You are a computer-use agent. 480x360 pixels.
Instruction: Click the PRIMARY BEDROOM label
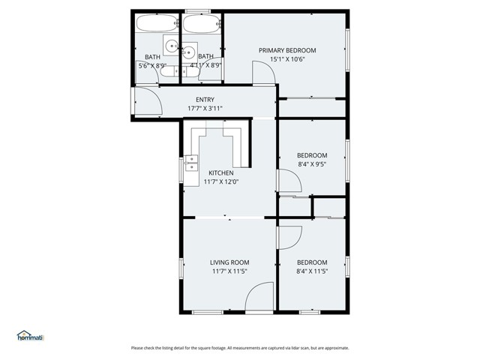tap(287, 50)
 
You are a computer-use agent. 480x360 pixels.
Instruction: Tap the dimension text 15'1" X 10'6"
tap(287, 59)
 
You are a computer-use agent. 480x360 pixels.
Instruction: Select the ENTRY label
tap(205, 100)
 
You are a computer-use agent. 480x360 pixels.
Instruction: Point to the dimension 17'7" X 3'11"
tap(205, 109)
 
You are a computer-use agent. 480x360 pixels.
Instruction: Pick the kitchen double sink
tap(191, 163)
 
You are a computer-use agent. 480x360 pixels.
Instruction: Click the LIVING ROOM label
tap(229, 262)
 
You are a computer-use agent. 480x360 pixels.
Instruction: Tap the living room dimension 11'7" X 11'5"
tap(229, 271)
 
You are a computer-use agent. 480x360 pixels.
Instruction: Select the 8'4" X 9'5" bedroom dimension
tap(312, 164)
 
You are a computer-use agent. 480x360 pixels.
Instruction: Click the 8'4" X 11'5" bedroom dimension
tap(312, 271)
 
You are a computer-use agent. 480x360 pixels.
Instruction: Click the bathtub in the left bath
tap(157, 24)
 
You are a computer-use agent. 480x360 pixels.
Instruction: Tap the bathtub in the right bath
tap(202, 24)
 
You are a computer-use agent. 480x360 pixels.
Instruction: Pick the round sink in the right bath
tap(188, 52)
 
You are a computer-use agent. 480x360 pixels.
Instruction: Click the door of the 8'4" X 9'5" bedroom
tap(289, 180)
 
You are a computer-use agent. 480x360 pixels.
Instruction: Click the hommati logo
tap(30, 336)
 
